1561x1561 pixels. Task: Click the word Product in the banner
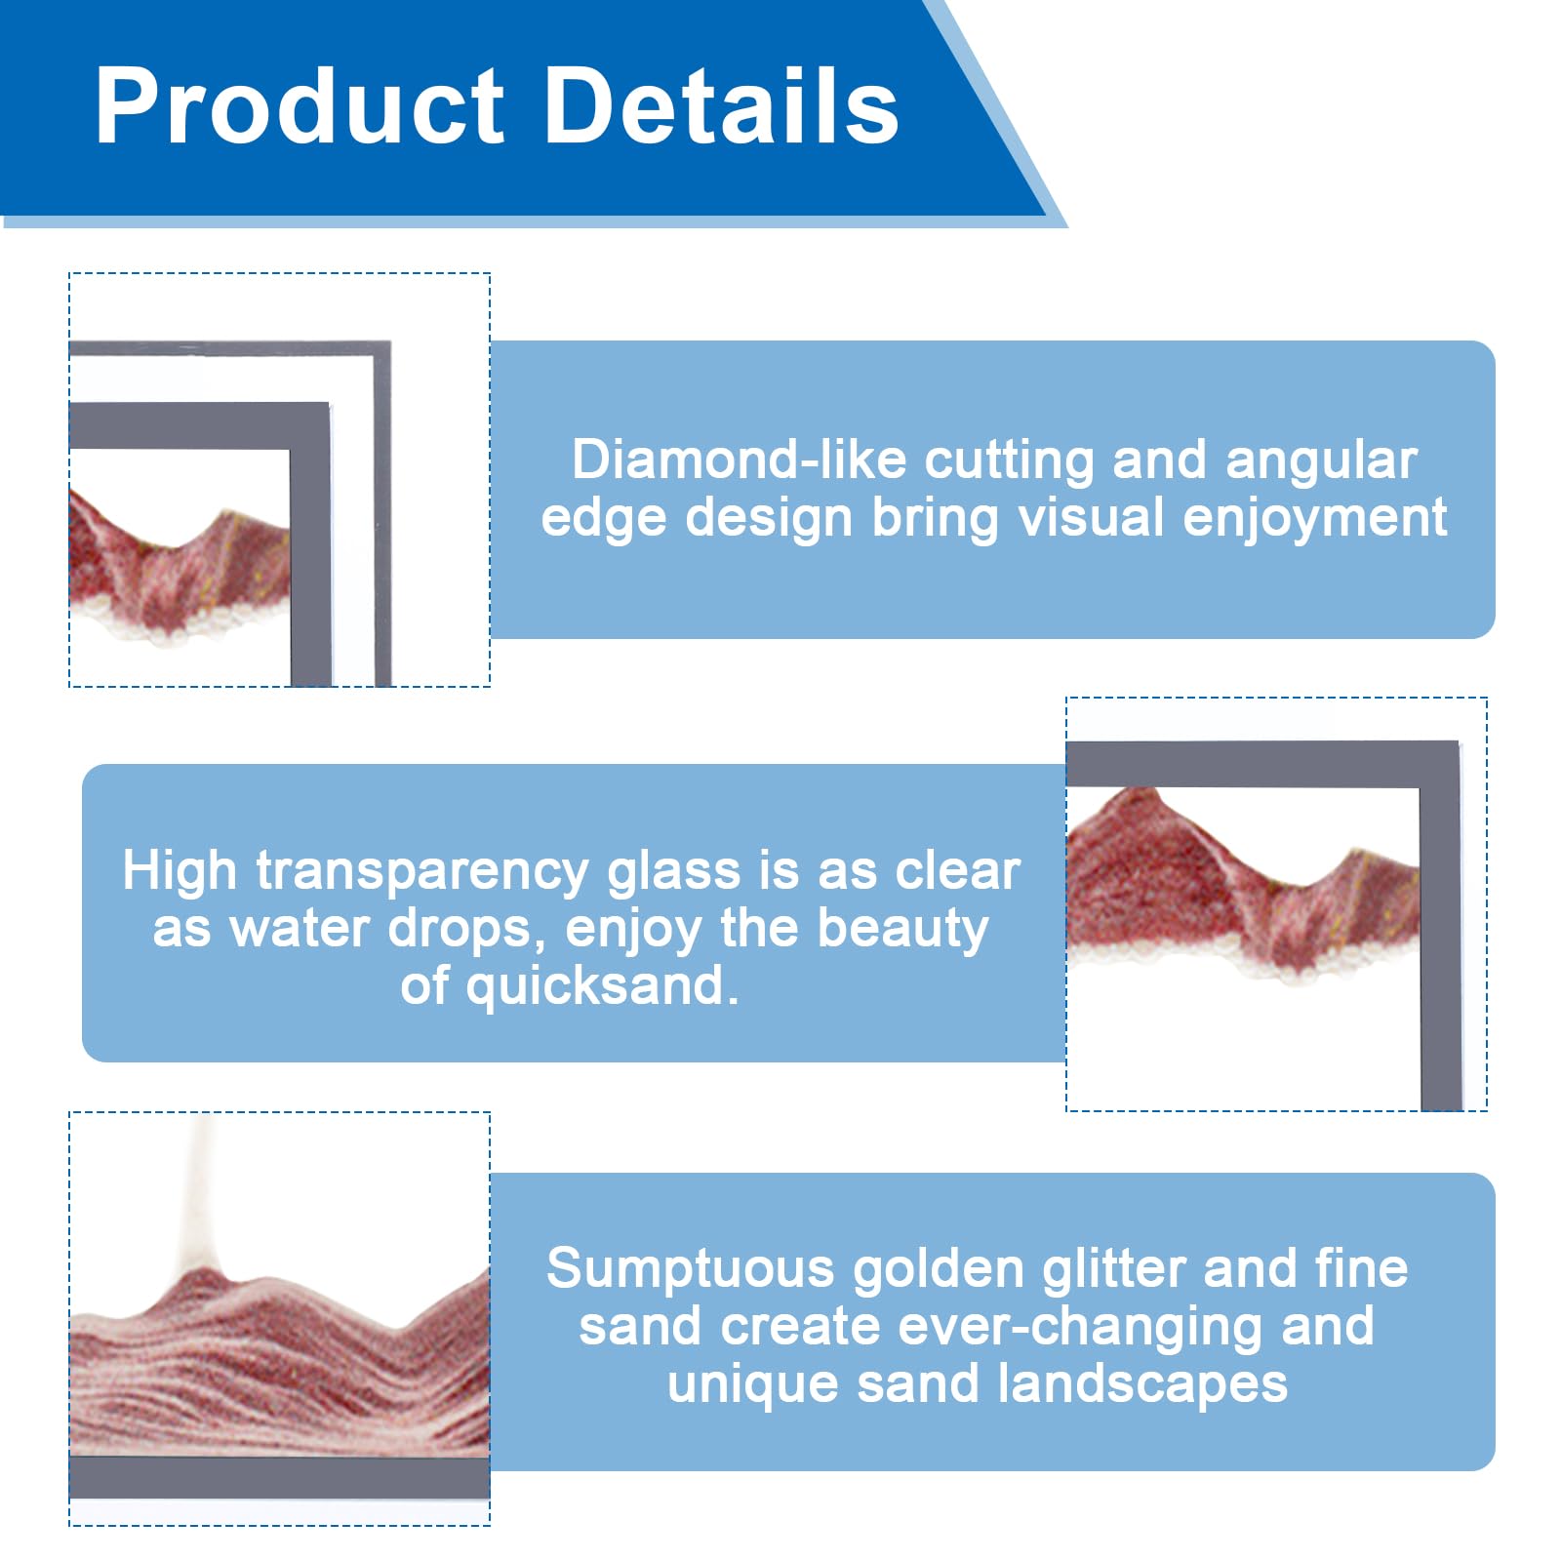click(300, 106)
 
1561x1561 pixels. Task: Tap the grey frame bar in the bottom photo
click(280, 1477)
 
